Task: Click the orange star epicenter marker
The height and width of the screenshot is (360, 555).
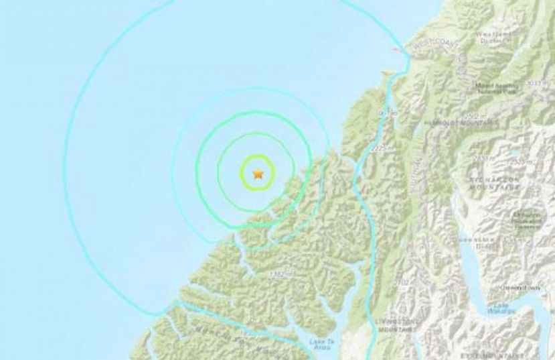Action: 258,174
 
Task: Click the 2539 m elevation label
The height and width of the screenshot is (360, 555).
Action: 518,162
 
